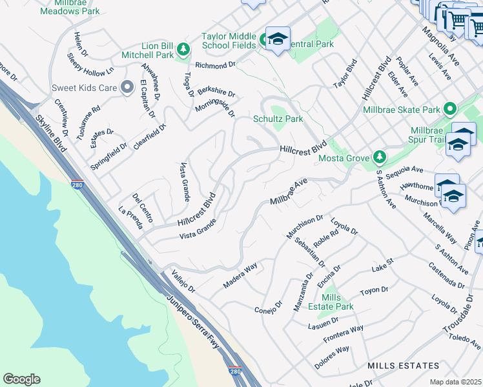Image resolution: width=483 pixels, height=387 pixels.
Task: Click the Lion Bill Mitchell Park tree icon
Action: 183,49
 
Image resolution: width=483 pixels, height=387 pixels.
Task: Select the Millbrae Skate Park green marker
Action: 451,108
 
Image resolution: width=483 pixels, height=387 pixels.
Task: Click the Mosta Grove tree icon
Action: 380,157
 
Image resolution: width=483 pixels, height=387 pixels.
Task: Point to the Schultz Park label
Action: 278,119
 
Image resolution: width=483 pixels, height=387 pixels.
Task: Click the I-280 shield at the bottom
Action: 236,371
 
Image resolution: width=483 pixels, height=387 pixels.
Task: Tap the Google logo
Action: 21,379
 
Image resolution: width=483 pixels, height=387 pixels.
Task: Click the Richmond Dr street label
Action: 216,65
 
